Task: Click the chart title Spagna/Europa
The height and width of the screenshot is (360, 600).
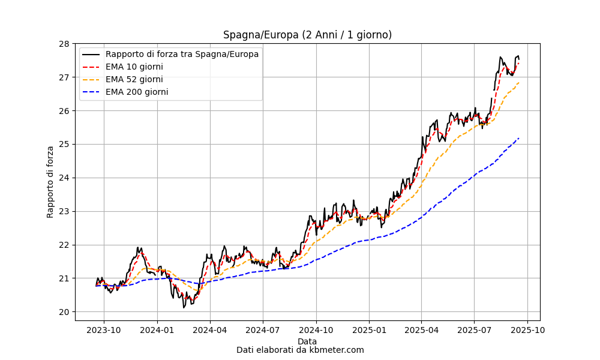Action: click(307, 35)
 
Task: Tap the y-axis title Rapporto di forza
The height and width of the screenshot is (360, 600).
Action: click(50, 181)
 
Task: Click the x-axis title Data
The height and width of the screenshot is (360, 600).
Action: click(307, 341)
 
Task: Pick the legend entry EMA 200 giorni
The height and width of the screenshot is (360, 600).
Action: click(136, 92)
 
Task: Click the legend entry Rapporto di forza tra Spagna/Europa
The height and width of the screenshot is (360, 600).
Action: click(182, 54)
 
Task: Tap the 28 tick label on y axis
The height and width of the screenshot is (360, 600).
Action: click(65, 44)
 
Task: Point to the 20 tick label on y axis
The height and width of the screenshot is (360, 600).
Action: click(65, 312)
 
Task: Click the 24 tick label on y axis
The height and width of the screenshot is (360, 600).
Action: click(65, 178)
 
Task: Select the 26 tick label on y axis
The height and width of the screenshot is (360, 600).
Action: click(65, 111)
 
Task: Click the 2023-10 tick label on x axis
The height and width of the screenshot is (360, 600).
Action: click(104, 329)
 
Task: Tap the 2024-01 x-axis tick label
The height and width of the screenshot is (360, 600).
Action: click(157, 329)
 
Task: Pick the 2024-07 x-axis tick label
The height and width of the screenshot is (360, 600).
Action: click(263, 329)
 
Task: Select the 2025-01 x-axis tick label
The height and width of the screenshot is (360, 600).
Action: click(369, 329)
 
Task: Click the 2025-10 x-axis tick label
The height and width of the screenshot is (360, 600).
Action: click(527, 329)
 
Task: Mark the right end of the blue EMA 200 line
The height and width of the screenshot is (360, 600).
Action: click(519, 138)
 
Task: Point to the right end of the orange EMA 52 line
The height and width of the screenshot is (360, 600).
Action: click(519, 82)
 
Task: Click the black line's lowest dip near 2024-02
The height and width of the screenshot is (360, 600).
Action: click(184, 307)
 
